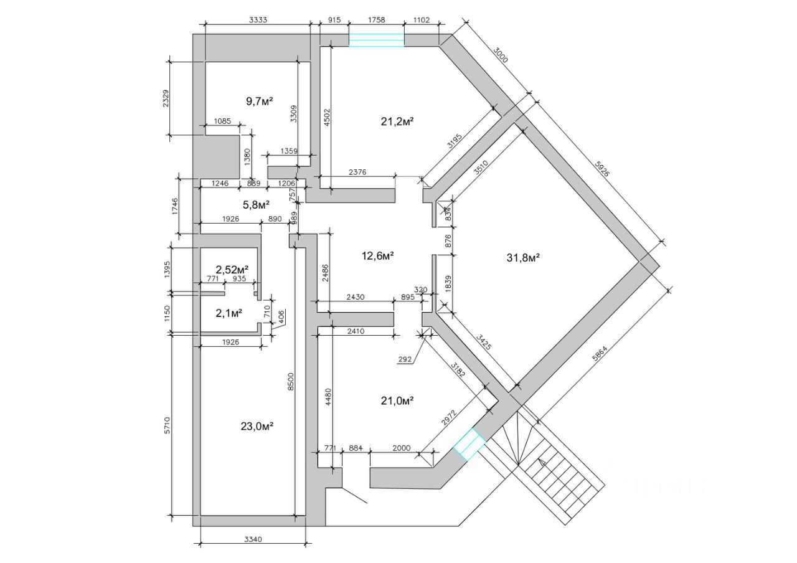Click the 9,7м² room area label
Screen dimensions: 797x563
click(260, 100)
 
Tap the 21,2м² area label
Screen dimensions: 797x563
click(397, 121)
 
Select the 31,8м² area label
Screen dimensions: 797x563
click(522, 257)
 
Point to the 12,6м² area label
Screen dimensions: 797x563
click(378, 255)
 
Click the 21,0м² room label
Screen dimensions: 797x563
click(397, 400)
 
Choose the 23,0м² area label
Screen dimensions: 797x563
click(257, 426)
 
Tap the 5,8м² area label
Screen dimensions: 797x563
click(255, 204)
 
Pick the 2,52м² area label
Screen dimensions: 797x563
click(232, 269)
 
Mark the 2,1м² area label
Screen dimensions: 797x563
click(229, 313)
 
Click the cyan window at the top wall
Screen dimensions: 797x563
click(376, 40)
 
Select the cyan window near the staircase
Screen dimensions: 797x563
click(469, 443)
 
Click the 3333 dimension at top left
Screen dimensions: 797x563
click(258, 20)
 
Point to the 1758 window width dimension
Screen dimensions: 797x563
click(377, 20)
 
